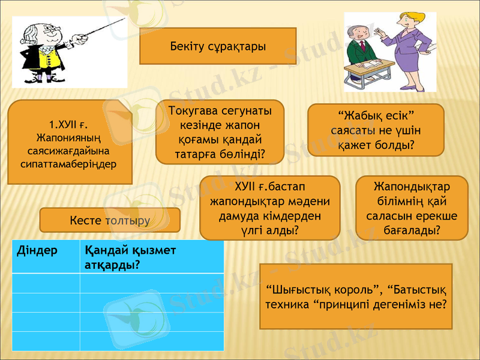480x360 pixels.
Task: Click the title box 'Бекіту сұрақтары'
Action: [x=218, y=46]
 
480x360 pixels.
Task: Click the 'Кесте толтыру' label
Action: [x=110, y=220]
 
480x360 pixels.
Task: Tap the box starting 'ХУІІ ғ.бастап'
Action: [x=269, y=205]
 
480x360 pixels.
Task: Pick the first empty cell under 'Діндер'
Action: [x=46, y=283]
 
